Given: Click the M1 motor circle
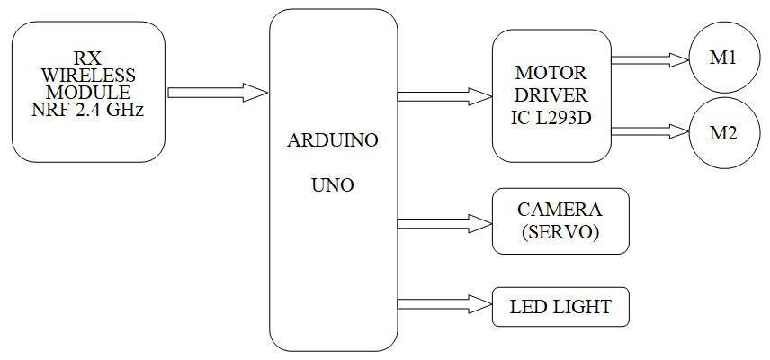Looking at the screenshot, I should click(x=723, y=58).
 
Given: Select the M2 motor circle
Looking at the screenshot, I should click(x=723, y=133).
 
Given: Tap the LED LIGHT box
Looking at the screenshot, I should click(x=560, y=307).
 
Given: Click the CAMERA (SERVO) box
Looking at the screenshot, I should click(x=560, y=221).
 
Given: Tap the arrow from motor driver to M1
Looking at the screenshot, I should click(x=649, y=60).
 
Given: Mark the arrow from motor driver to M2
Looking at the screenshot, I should click(x=649, y=132).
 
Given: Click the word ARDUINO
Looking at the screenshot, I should click(x=333, y=141).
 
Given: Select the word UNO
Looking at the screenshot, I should click(x=333, y=186).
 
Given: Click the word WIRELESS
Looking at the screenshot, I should click(x=88, y=75).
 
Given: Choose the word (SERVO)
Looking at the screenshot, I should click(x=560, y=233).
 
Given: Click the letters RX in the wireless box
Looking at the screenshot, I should click(x=88, y=58).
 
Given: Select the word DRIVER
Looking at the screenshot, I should click(x=551, y=95).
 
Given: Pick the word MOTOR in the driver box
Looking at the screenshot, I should click(x=551, y=72).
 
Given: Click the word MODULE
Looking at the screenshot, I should click(x=88, y=93).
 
